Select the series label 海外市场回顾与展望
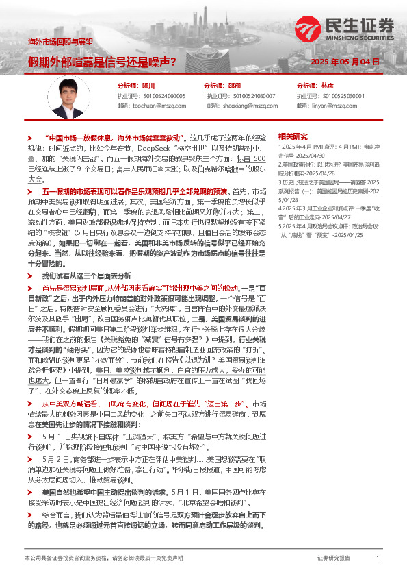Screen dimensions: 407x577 tap(60, 42)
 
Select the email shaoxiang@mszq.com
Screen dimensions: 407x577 tap(250, 106)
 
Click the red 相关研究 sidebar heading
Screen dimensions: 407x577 tap(295, 136)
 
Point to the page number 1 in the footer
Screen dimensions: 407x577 tap(378, 558)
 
